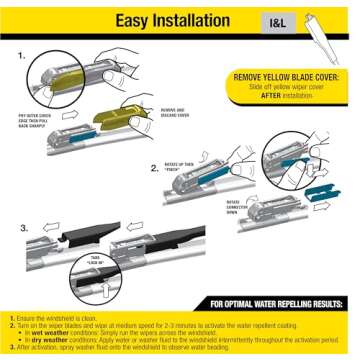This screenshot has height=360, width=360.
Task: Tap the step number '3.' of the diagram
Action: [23, 227]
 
